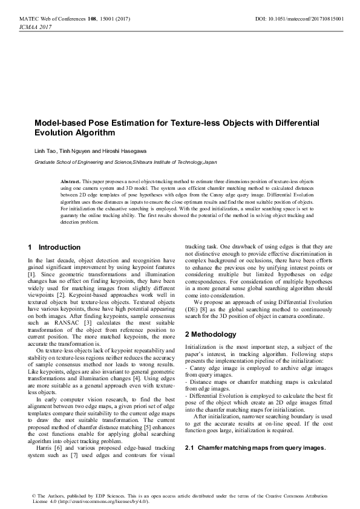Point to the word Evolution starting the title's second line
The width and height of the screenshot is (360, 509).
[53, 132]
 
